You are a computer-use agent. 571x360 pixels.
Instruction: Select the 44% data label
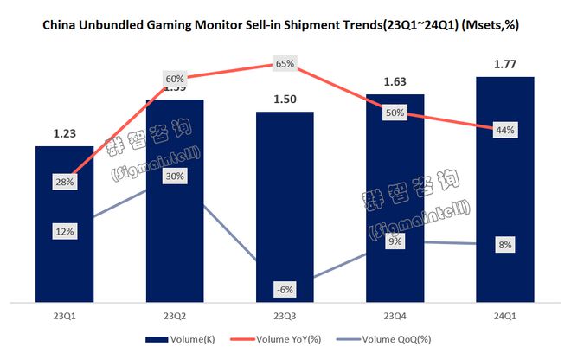pyautogui.click(x=506, y=130)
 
